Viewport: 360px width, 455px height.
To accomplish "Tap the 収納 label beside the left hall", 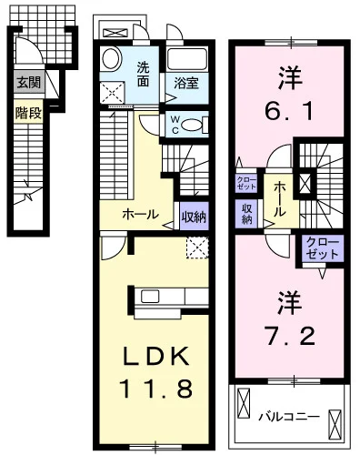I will pos(192,217).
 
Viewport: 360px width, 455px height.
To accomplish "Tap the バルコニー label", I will pos(287,416).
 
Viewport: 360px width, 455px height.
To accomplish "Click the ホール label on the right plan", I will pos(281,197).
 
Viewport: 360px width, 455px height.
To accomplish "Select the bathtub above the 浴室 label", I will pos(190,61).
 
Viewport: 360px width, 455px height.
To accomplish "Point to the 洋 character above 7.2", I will pos(291,301).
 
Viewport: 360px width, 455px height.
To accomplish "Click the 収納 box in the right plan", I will pos(246,213).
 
